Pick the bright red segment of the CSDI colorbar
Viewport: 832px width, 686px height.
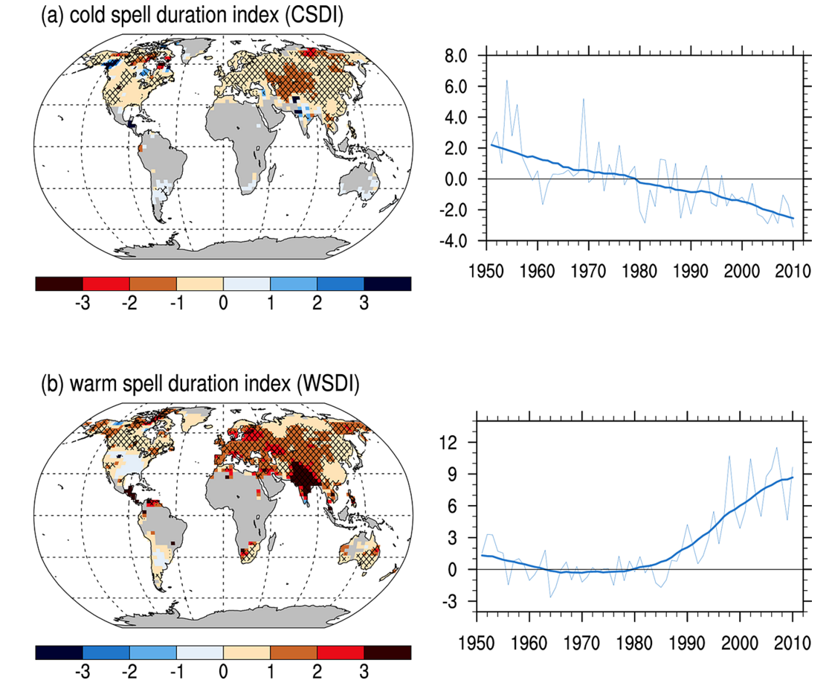(x=106, y=283)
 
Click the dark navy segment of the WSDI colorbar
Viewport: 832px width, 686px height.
(x=59, y=652)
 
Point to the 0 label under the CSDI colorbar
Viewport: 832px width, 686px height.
(x=223, y=304)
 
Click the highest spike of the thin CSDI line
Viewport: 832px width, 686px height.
(x=507, y=80)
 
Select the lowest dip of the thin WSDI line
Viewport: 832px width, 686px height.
(x=551, y=597)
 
